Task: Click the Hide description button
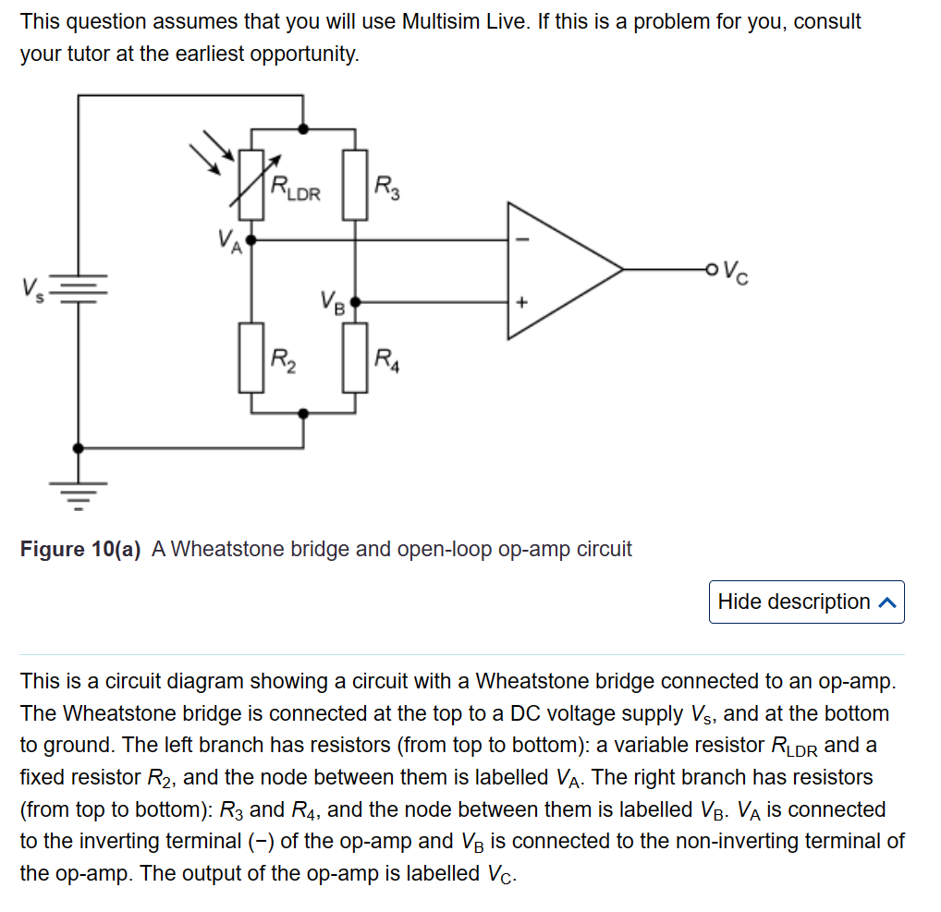[806, 602]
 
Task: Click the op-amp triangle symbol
[555, 270]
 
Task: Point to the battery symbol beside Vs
[79, 290]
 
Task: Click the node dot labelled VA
[251, 238]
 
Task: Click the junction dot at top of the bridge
[303, 128]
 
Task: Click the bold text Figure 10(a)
[80, 549]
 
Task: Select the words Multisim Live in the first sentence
[469, 21]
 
